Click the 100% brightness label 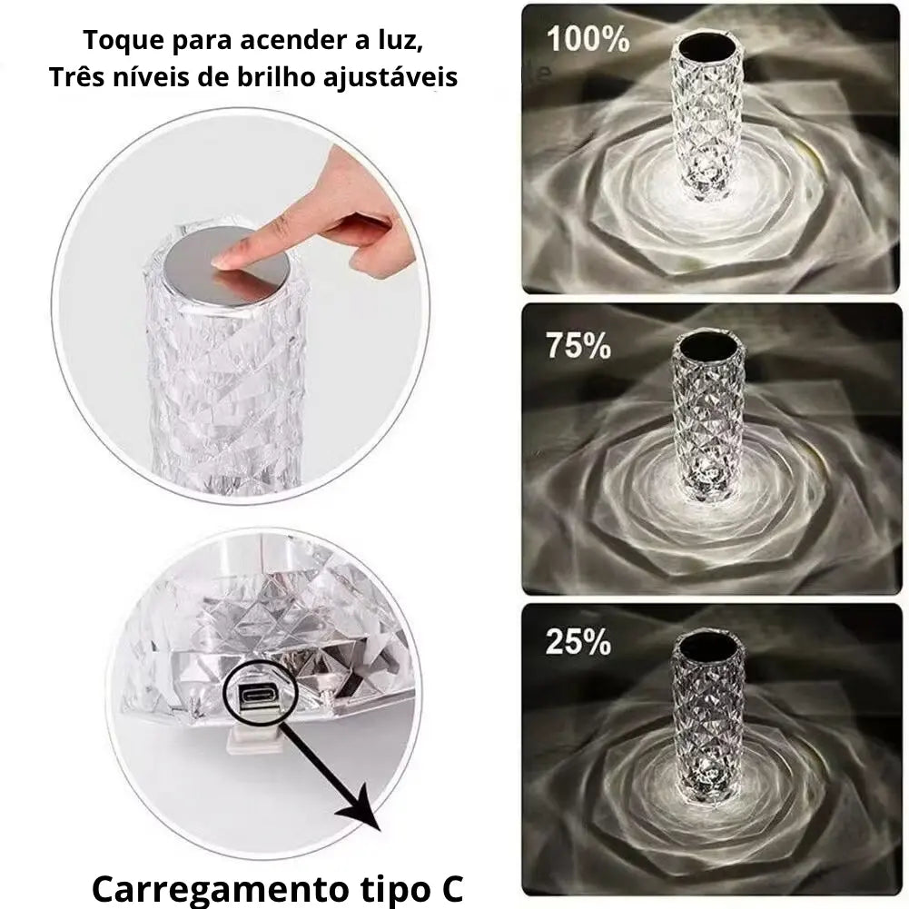pyautogui.click(x=588, y=39)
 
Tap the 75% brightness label pyautogui.click(x=578, y=345)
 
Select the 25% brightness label pyautogui.click(x=578, y=642)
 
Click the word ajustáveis pyautogui.click(x=390, y=78)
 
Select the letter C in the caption pyautogui.click(x=450, y=887)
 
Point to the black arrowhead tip pyautogui.click(x=380, y=831)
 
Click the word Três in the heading pyautogui.click(x=75, y=76)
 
